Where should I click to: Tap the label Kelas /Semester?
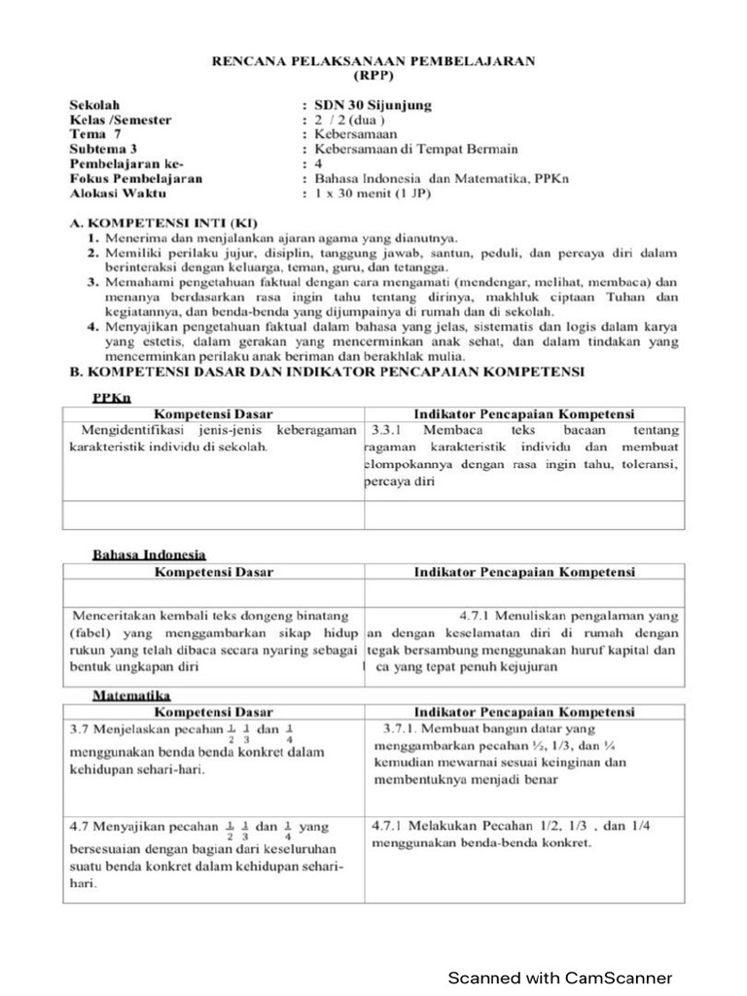(121, 120)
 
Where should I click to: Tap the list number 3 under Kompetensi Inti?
(95, 283)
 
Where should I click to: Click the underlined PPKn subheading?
(112, 398)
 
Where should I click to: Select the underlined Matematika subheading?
(131, 695)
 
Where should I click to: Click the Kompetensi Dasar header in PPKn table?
(213, 413)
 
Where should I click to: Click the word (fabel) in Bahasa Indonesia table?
(90, 633)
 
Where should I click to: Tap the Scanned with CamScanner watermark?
(558, 978)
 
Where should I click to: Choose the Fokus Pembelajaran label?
(136, 179)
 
